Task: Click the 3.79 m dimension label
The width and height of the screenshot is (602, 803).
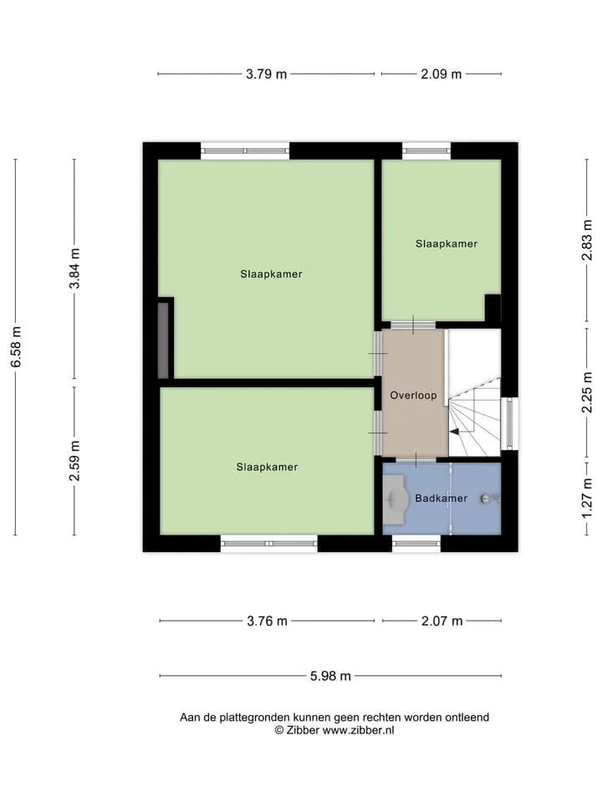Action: point(266,74)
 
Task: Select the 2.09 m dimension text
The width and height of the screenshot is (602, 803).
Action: point(441,74)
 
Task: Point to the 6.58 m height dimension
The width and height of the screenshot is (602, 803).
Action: point(16,346)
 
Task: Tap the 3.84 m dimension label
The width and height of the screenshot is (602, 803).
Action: point(74,269)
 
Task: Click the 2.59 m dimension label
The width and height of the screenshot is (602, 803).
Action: point(74,461)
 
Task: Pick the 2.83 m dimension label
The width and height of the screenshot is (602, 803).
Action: point(587,240)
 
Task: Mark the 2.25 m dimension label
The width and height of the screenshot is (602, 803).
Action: point(587,392)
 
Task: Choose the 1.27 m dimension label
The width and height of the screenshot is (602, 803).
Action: point(587,499)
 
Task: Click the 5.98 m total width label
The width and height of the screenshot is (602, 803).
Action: point(330,676)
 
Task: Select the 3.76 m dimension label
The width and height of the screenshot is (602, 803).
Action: point(268,621)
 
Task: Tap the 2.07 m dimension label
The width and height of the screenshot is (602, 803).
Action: point(441,621)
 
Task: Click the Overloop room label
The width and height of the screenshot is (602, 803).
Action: point(413,396)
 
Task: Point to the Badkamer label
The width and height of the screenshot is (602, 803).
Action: point(441,499)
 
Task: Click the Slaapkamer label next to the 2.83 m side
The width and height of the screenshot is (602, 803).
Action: point(446,243)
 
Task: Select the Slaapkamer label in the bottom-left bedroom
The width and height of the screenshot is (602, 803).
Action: point(267,467)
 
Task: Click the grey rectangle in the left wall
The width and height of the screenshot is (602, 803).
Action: point(163,340)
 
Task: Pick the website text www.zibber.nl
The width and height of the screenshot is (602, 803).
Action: point(359,731)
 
